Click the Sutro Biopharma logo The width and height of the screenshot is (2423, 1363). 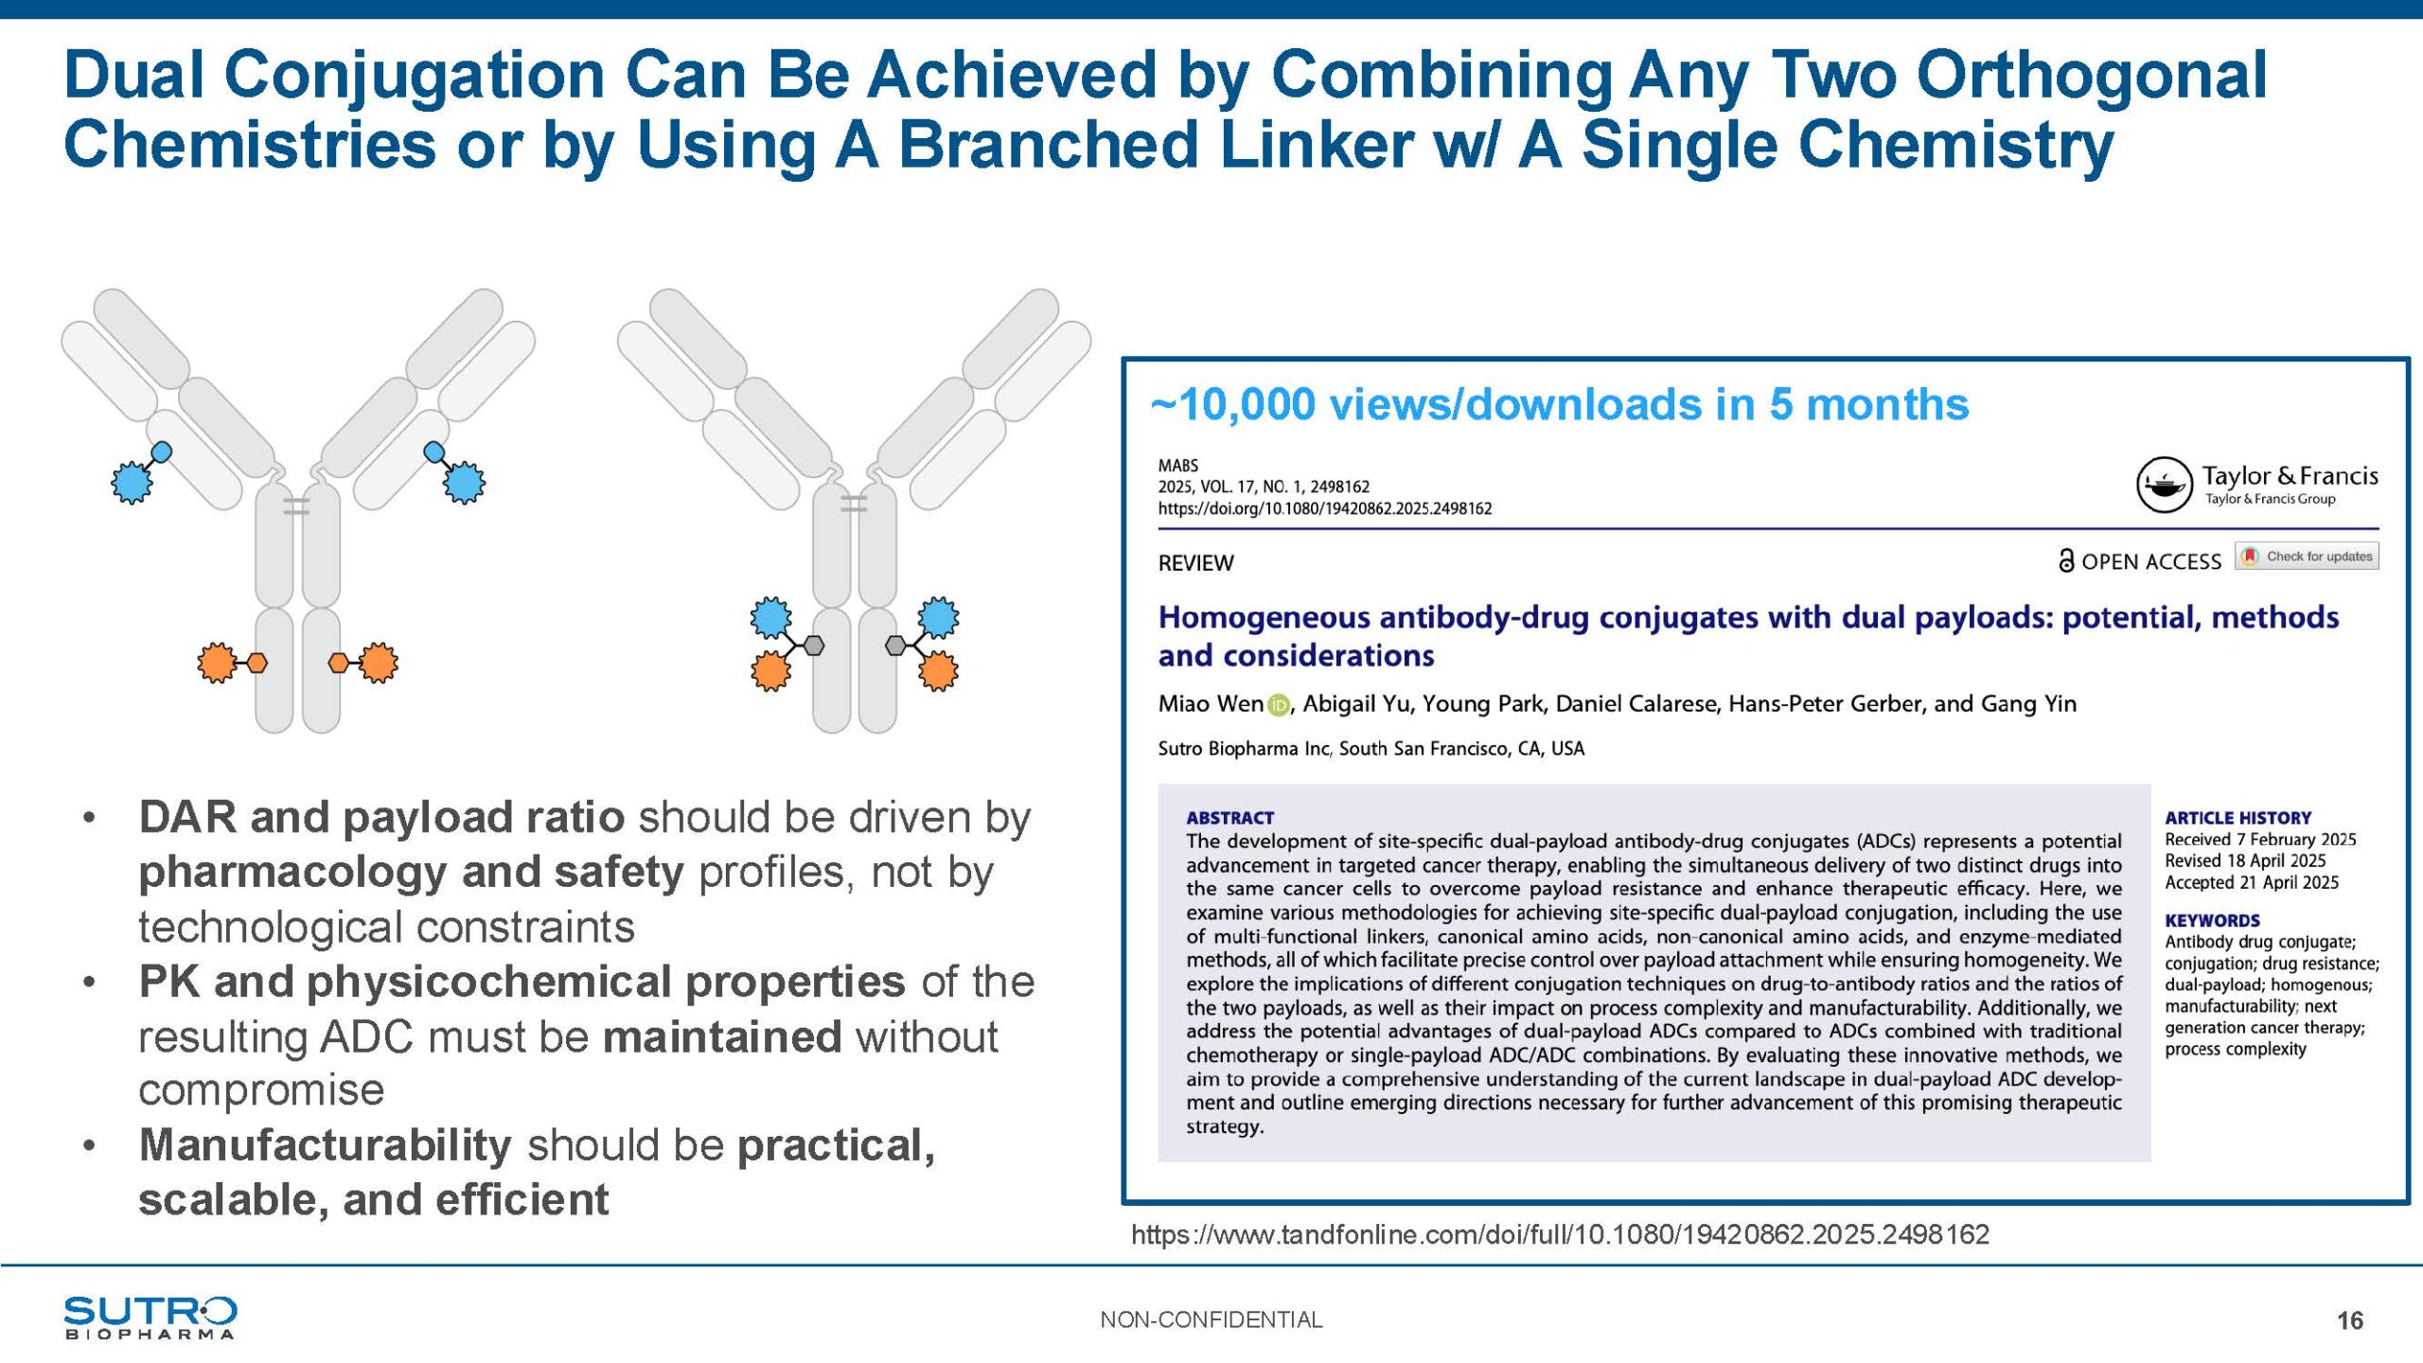[150, 1318]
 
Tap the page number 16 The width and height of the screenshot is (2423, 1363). [2350, 1320]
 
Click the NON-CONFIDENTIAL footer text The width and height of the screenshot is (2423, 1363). [1211, 1319]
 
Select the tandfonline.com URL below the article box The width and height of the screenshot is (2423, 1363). [1560, 1234]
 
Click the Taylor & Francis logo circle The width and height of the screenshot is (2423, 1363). [2165, 485]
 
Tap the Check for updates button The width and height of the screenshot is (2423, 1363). [2308, 557]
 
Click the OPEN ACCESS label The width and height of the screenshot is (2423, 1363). [2140, 561]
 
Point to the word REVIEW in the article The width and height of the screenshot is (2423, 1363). [1195, 563]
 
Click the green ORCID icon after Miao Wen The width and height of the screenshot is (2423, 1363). [1278, 705]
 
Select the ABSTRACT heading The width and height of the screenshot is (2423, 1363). [1230, 818]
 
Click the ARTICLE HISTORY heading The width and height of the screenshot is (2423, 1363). [2237, 818]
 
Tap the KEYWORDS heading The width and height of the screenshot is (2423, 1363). [2212, 920]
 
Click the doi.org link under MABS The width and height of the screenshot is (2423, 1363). [1325, 508]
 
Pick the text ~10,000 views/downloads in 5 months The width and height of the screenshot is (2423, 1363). [1560, 404]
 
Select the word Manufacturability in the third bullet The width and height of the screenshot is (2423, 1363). [326, 1145]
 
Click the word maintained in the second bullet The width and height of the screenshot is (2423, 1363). [722, 1036]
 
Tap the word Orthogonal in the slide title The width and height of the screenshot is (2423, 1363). [2092, 76]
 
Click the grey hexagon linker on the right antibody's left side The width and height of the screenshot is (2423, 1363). [813, 646]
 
